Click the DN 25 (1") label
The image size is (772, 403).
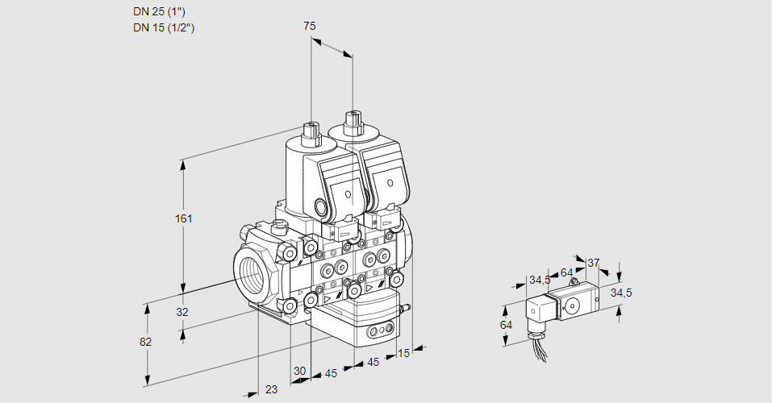click(x=162, y=12)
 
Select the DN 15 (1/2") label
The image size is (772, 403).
click(x=165, y=27)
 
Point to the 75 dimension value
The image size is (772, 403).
click(x=310, y=26)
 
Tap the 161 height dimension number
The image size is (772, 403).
click(x=186, y=219)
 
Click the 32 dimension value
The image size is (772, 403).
click(x=182, y=312)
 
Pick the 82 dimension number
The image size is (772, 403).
click(x=145, y=342)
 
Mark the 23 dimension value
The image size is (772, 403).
click(x=272, y=389)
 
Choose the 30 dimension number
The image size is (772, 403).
click(x=299, y=371)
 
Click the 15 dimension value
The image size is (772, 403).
click(x=403, y=352)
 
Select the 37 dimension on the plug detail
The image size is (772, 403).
click(x=594, y=263)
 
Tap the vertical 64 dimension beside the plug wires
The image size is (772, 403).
click(x=507, y=325)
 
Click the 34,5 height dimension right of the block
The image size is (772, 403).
click(x=620, y=293)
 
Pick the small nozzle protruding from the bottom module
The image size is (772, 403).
click(x=407, y=307)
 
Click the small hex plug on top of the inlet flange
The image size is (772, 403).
click(x=280, y=227)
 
